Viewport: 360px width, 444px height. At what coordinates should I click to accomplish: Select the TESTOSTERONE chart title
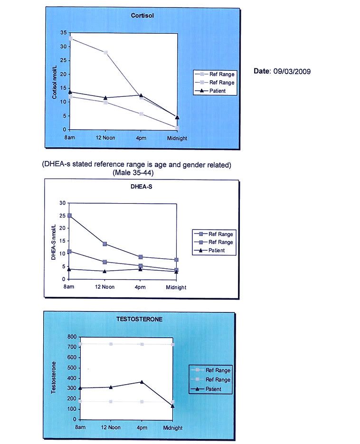(139, 319)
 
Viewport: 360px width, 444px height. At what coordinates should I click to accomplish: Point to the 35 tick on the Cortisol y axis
(63, 33)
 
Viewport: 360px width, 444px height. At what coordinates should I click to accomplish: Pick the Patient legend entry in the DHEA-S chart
(217, 250)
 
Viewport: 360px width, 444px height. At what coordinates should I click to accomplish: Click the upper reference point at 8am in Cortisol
(70, 38)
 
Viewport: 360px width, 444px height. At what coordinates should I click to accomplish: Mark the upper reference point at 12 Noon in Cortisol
(105, 52)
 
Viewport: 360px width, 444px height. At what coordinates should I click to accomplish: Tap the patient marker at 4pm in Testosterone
(142, 382)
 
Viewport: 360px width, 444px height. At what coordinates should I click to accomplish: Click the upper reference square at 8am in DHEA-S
(69, 216)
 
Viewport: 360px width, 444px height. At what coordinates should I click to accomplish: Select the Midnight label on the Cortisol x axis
(177, 138)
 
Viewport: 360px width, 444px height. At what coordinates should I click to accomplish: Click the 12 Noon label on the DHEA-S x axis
(105, 287)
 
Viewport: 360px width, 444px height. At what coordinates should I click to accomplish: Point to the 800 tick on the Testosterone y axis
(71, 337)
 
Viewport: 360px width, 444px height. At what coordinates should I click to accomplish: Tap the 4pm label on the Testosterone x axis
(142, 427)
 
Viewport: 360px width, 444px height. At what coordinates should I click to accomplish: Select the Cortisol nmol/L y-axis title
(55, 81)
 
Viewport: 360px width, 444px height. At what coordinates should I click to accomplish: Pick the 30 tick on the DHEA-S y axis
(62, 203)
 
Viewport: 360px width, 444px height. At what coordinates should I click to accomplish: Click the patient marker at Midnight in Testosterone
(172, 406)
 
